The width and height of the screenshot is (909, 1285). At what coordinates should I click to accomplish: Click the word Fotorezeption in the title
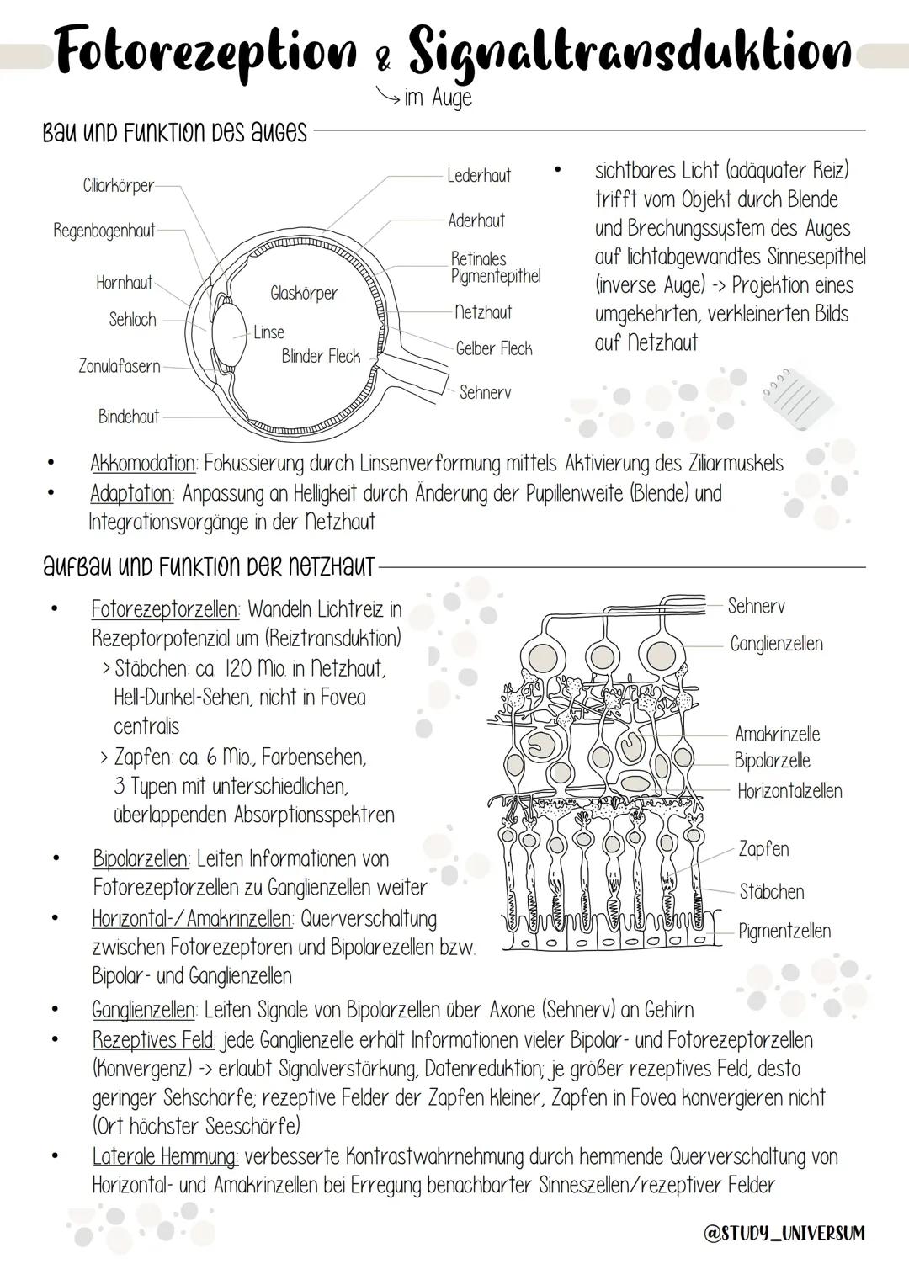[x=205, y=52]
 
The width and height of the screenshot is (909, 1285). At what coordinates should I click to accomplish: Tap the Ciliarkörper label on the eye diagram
[x=119, y=186]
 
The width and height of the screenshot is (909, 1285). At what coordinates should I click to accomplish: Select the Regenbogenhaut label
[x=104, y=231]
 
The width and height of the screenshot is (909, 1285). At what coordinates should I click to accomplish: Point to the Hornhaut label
[x=125, y=283]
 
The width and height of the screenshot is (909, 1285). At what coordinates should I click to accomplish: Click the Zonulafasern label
[x=120, y=366]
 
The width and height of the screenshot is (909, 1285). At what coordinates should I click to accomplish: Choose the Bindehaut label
[x=129, y=417]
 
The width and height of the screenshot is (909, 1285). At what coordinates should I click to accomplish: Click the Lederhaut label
[x=479, y=176]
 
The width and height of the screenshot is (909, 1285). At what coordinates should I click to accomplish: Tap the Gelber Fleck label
[x=494, y=348]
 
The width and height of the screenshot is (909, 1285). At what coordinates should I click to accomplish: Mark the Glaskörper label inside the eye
[x=304, y=293]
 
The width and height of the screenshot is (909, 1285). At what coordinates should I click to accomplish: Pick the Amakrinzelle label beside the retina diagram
[x=777, y=734]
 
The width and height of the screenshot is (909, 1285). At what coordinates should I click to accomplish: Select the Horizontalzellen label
[x=789, y=791]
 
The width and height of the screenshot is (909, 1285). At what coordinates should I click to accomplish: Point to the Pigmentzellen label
[x=784, y=931]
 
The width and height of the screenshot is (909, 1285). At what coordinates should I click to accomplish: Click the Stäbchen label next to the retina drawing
[x=772, y=891]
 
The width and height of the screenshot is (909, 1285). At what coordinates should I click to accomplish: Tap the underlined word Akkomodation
[x=143, y=464]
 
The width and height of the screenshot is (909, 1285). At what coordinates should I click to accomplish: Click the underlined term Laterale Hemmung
[x=165, y=1156]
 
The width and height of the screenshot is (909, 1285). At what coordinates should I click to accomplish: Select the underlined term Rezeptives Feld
[x=153, y=1040]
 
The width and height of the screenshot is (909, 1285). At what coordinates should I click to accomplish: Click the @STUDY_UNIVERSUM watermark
[x=784, y=1233]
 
